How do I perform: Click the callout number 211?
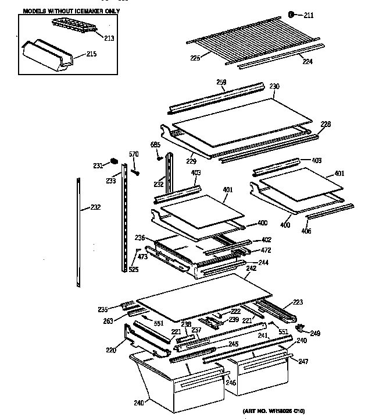[308, 16]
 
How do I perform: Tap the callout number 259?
[222, 83]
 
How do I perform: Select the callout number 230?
[274, 86]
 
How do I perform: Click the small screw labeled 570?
[135, 172]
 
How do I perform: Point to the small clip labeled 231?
[114, 161]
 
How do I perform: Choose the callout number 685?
[155, 144]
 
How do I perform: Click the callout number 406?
[306, 231]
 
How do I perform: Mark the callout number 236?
[139, 237]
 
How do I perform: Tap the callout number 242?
[251, 269]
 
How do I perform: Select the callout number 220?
[110, 350]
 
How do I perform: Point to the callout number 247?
[303, 362]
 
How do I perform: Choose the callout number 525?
[134, 269]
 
